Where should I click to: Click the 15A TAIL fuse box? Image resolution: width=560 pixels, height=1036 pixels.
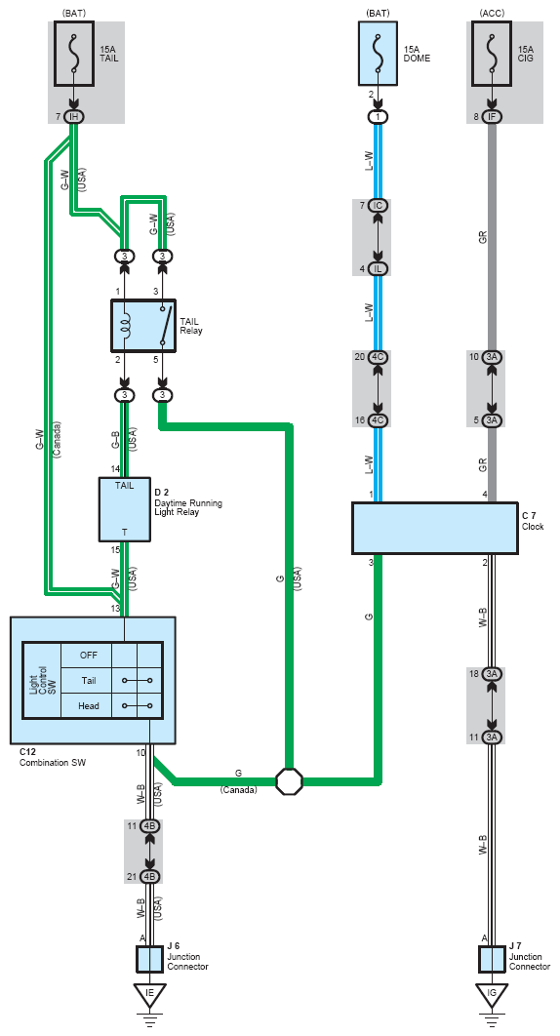pyautogui.click(x=74, y=55)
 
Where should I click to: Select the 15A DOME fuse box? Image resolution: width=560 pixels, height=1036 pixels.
pyautogui.click(x=379, y=55)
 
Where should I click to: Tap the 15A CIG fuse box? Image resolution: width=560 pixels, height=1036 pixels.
pyautogui.click(x=492, y=55)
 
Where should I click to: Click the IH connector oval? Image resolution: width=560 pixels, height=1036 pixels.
pyautogui.click(x=74, y=117)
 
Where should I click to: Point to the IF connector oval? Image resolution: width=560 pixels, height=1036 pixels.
pyautogui.click(x=492, y=117)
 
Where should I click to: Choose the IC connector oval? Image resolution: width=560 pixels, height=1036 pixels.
pyautogui.click(x=379, y=206)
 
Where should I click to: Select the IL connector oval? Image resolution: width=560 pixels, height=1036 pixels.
pyautogui.click(x=379, y=269)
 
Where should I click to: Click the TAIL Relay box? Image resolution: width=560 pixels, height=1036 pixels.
pyautogui.click(x=143, y=325)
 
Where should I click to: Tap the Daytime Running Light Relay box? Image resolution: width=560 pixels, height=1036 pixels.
pyautogui.click(x=124, y=509)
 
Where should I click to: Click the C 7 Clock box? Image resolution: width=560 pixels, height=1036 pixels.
pyautogui.click(x=435, y=528)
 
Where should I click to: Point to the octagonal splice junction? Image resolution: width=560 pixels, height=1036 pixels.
pyautogui.click(x=289, y=781)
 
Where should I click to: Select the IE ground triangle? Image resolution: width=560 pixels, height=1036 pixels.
pyautogui.click(x=150, y=995)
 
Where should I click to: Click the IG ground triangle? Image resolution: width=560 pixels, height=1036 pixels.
pyautogui.click(x=492, y=995)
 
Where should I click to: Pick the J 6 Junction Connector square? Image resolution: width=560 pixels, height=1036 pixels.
pyautogui.click(x=150, y=959)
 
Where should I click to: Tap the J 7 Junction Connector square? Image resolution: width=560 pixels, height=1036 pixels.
pyautogui.click(x=492, y=959)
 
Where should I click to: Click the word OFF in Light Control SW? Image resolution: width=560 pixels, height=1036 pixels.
pyautogui.click(x=89, y=656)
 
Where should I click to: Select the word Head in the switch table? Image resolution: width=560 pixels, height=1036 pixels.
pyautogui.click(x=89, y=705)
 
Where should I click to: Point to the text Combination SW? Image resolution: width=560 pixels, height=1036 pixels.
pyautogui.click(x=53, y=763)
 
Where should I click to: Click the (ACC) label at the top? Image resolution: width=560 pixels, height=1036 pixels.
pyautogui.click(x=492, y=13)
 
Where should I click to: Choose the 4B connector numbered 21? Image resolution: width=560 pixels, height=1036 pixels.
pyautogui.click(x=150, y=877)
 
